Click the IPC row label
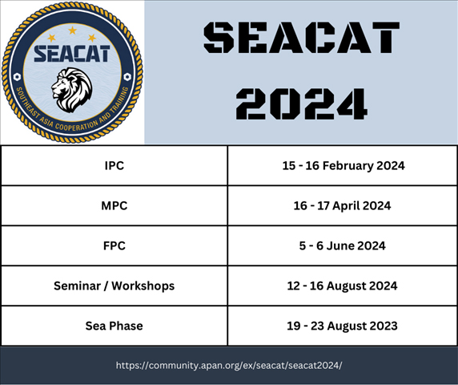coord(114,165)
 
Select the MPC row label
coord(114,205)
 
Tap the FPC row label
coord(114,245)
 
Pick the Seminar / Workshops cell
coord(114,286)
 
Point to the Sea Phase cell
coord(114,326)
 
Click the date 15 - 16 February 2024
coord(343,166)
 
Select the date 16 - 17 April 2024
coord(342,205)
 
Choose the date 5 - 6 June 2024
coord(342,245)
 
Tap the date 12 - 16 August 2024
coord(342,286)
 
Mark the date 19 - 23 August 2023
coord(342,326)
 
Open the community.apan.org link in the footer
coord(229,366)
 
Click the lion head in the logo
coord(72,90)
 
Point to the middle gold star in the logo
coord(72,30)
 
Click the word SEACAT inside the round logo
coord(72,54)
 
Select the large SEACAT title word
coord(301,38)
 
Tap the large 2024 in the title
coord(301,103)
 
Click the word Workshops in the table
coord(143,286)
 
